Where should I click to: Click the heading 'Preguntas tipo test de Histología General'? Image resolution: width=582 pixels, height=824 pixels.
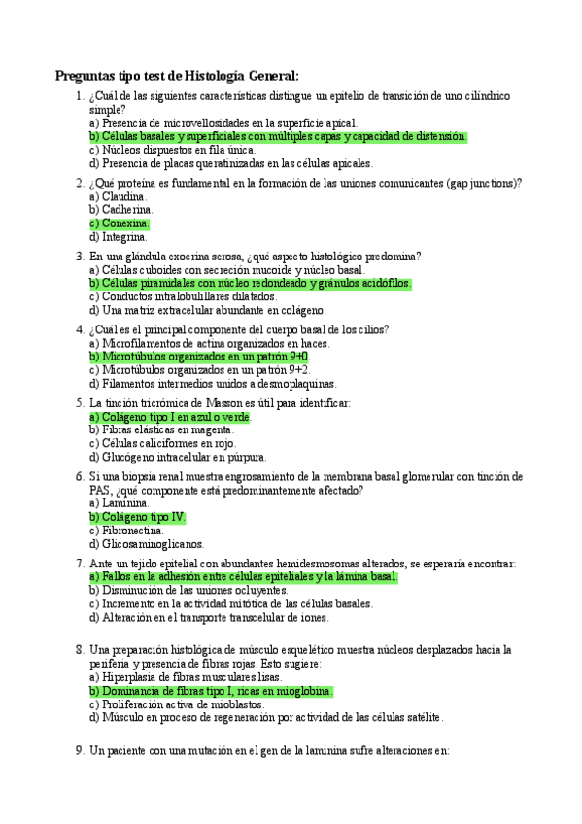point(177,76)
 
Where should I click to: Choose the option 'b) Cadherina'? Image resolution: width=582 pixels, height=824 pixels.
point(120,209)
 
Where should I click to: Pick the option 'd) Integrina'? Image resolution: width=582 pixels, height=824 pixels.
point(119,236)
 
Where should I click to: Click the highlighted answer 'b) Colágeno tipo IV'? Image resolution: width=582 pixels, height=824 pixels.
point(137,517)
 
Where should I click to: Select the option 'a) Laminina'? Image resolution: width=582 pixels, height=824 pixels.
point(120,503)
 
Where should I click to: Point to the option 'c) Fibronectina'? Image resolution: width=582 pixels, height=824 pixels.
point(125,531)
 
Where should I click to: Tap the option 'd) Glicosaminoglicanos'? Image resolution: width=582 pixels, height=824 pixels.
point(147,544)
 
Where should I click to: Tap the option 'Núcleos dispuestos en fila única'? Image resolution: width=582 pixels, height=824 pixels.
point(172,151)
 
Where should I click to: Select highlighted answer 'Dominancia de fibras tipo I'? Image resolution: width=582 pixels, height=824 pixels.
point(211,691)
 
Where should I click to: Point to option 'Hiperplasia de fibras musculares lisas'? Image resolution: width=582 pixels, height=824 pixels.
point(186,676)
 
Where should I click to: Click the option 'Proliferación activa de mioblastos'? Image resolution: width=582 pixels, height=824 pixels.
point(181,704)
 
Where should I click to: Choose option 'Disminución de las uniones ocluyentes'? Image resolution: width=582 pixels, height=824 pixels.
point(188,590)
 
